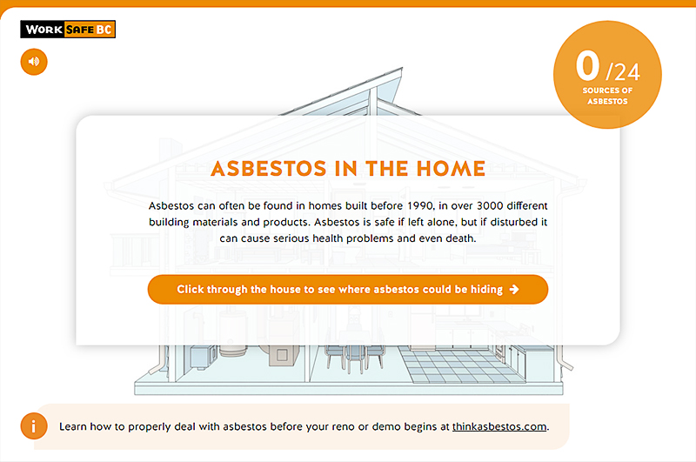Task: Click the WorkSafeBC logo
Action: coord(68,30)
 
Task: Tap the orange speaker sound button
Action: coord(34,62)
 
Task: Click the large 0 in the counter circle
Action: coord(587,65)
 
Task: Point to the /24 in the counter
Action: coord(623,72)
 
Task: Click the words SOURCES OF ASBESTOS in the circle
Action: coord(607,96)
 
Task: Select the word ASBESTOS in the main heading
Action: coord(269,169)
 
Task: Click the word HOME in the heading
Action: coord(451,169)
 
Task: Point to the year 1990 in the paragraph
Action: coord(420,206)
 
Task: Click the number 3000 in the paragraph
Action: coord(490,206)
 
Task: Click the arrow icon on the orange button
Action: coord(514,290)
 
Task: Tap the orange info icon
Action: coord(34,426)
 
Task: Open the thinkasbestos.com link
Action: coord(499,426)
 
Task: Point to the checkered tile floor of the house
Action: coord(462,365)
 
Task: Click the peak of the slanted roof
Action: coord(401,69)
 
